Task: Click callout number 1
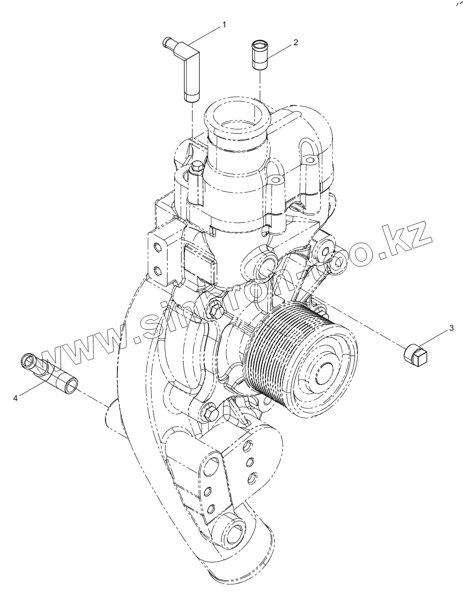point(224,24)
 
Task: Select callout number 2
point(295,42)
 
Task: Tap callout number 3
point(451,329)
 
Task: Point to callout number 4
point(15,398)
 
